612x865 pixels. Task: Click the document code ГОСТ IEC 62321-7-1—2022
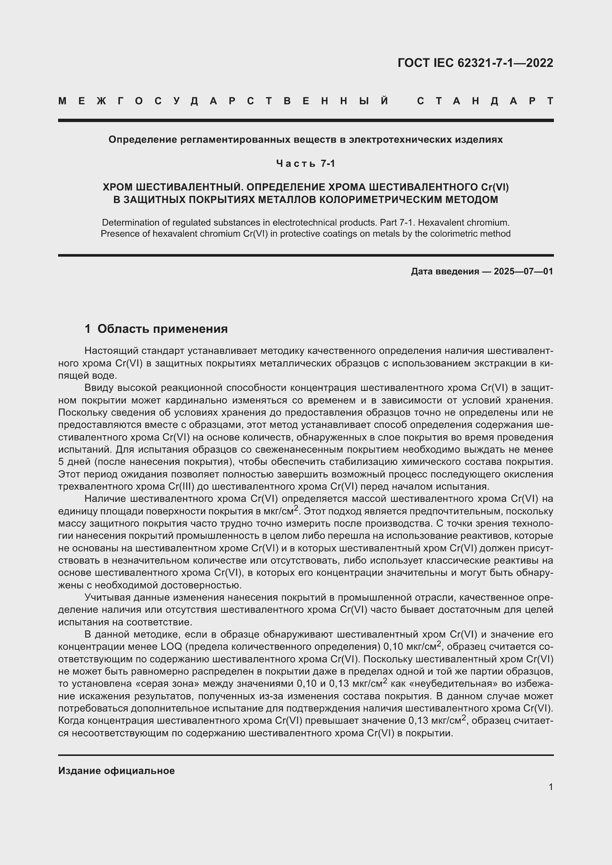(x=475, y=63)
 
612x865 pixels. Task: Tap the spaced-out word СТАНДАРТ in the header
(x=485, y=101)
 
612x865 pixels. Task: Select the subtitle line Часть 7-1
(x=306, y=163)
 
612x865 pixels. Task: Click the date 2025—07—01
(x=524, y=271)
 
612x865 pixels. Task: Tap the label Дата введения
(x=445, y=271)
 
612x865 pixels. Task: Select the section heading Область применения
(x=162, y=329)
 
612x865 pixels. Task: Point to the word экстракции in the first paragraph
(x=490, y=363)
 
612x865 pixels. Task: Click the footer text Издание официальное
(x=117, y=771)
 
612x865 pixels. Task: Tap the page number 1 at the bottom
(x=551, y=787)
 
